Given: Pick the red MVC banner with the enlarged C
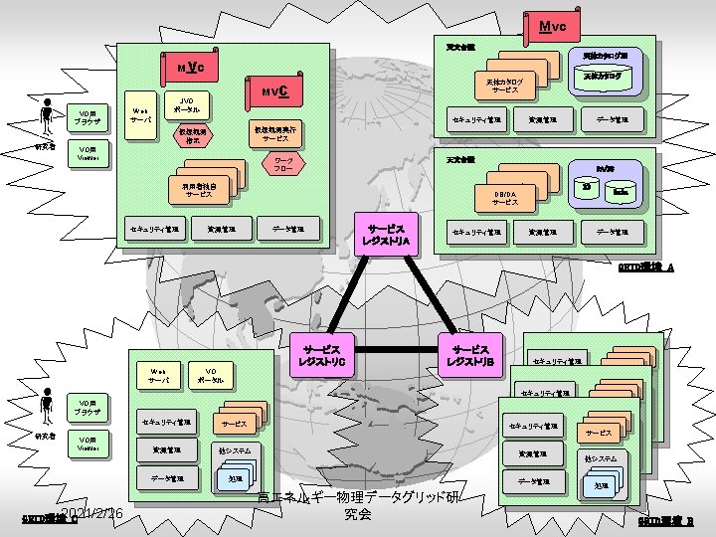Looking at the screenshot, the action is pos(274,92).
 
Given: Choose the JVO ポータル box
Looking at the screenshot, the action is pos(185,104).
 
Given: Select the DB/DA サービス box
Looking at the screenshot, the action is pos(505,197).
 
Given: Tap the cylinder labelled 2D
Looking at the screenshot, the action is pos(586,189).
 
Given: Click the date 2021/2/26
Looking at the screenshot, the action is pos(90,513).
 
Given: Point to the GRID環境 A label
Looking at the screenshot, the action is pos(646,268).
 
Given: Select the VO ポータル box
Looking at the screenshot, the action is pos(210,375).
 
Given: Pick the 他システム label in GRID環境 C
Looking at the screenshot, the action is pos(234,450).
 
